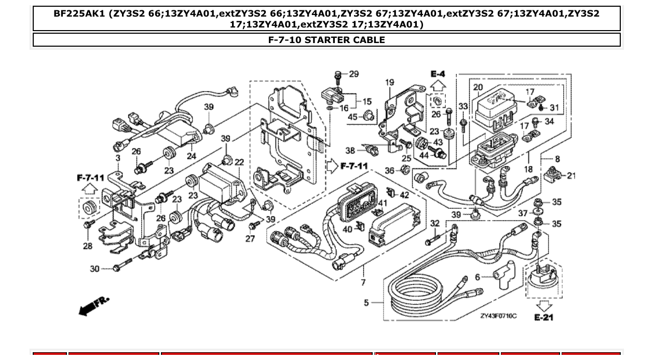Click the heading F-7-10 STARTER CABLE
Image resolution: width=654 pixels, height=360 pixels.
pos(326,40)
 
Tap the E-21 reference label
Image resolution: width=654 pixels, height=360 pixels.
pos(543,317)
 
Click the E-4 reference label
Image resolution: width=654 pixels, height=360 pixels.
pos(438,74)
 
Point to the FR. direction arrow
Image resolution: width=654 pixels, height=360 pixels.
pos(93,306)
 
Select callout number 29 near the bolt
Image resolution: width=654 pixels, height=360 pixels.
pos(353,74)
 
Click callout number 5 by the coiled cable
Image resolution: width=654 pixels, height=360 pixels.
pos(366,302)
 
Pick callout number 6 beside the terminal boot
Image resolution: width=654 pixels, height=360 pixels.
pos(478,277)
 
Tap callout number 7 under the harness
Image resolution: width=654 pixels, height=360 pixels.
pos(363,282)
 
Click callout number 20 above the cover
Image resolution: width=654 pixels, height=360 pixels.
pos(478,88)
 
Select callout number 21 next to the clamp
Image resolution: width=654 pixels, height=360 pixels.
pos(571,175)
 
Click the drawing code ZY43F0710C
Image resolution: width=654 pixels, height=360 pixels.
pos(498,315)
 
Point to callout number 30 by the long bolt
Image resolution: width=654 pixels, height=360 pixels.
pos(94,269)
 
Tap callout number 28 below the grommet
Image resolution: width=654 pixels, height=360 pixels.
pos(87,246)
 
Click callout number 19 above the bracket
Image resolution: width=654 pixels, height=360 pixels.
pos(390,82)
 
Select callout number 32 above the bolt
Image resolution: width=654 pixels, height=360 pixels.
pos(435,223)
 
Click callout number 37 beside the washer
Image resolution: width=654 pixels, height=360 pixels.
pos(523,213)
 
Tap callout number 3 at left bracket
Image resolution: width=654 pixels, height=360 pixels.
pos(118,158)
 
